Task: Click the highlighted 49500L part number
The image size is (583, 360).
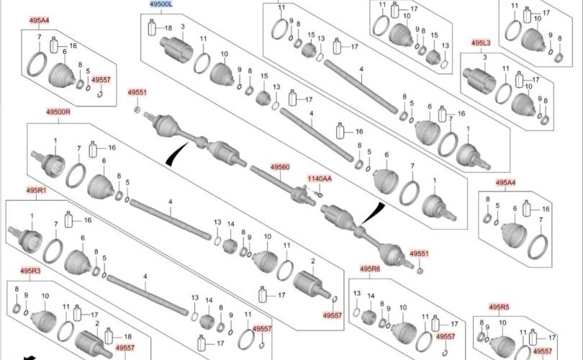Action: pyautogui.click(x=161, y=5)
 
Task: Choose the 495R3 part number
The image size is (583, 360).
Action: pyautogui.click(x=30, y=271)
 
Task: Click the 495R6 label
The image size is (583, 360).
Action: pyautogui.click(x=370, y=269)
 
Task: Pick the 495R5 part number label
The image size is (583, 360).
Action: pyautogui.click(x=500, y=307)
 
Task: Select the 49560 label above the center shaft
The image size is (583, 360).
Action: pyautogui.click(x=280, y=167)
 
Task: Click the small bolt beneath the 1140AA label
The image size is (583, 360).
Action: pyautogui.click(x=320, y=194)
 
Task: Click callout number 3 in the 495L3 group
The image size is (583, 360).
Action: pyautogui.click(x=485, y=57)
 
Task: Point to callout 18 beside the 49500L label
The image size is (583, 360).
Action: pyautogui.click(x=168, y=28)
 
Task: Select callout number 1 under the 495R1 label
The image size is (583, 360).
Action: pyautogui.click(x=32, y=216)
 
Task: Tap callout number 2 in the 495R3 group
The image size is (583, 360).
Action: pyautogui.click(x=96, y=323)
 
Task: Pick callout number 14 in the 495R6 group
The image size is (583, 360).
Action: pyautogui.click(x=371, y=296)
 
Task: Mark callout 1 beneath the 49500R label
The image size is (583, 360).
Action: pyautogui.click(x=55, y=139)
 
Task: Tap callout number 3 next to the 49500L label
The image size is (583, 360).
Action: pyautogui.click(x=182, y=27)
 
